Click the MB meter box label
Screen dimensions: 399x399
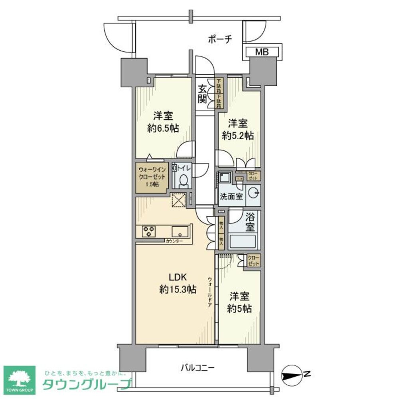262,51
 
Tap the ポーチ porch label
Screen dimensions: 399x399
219,39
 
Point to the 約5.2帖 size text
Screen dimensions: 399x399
238,135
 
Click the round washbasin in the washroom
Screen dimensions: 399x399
253,193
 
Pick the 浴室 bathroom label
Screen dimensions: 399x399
250,223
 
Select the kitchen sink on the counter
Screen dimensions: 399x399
180,231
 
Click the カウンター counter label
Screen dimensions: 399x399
174,242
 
